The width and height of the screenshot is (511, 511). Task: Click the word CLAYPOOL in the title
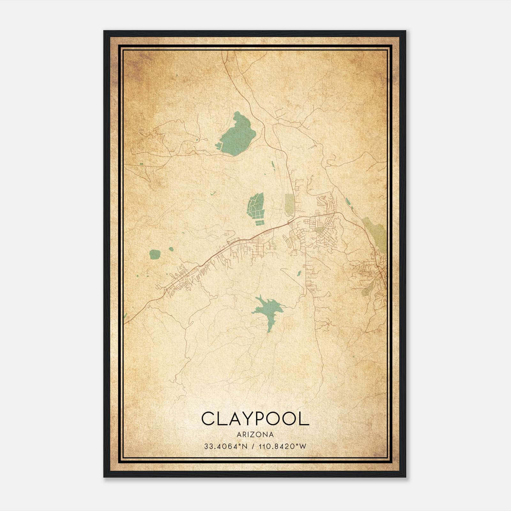tap(255, 419)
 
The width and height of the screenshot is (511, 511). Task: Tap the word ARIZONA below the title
tap(255, 434)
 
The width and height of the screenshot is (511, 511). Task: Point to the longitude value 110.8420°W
tap(281, 446)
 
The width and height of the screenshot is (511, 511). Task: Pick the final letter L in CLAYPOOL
tap(304, 419)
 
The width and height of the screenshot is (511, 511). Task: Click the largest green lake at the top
tap(238, 136)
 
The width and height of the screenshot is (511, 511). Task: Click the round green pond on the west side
tap(155, 255)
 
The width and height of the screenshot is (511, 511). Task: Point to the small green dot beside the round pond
tap(171, 249)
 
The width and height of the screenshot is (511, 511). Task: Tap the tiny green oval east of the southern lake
tap(299, 273)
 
